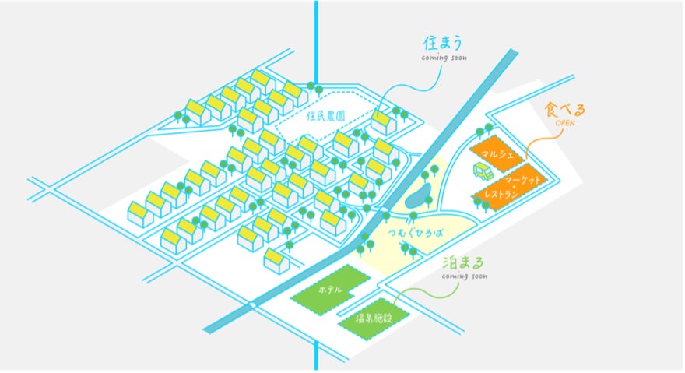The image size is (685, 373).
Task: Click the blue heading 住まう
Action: click(441, 44)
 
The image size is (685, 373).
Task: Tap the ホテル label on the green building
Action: click(329, 290)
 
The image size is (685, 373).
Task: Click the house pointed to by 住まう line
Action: click(382, 122)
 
